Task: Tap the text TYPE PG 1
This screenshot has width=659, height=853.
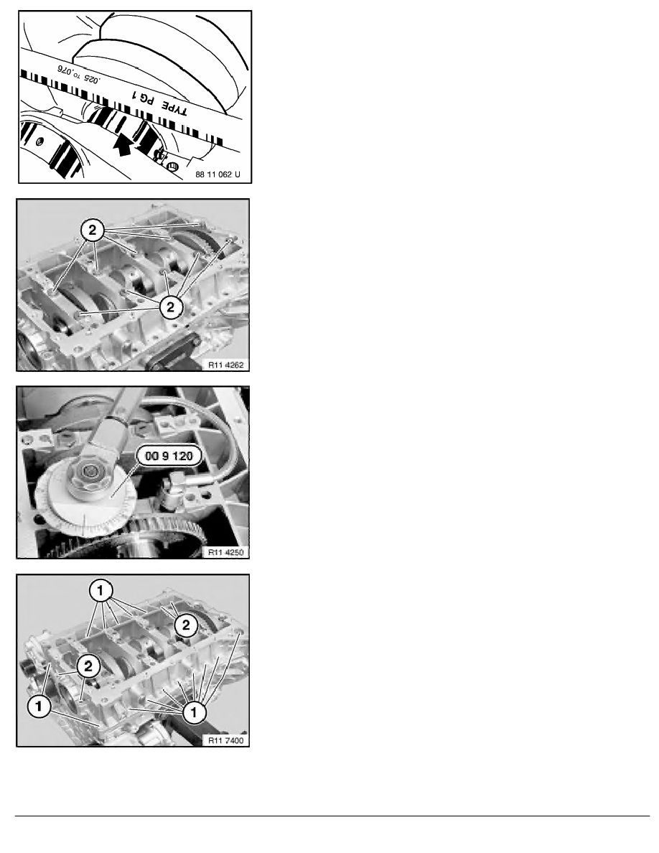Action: point(160,102)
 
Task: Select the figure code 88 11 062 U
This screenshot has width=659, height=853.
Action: point(218,174)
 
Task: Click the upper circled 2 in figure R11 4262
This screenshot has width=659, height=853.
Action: point(93,230)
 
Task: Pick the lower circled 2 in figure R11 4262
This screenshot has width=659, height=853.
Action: point(171,307)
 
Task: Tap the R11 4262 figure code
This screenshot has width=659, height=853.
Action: point(225,365)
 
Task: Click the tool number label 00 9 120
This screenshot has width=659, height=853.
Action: point(169,456)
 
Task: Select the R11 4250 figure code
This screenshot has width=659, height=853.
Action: point(225,552)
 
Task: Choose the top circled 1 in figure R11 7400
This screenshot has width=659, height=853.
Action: point(101,590)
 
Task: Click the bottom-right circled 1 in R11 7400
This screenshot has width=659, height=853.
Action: point(194,712)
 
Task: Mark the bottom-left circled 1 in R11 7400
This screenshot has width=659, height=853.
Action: point(39,707)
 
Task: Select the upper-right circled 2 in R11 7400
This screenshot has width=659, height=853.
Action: point(186,625)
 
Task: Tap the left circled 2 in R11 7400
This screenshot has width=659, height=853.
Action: point(88,666)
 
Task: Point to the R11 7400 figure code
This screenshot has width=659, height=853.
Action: point(225,740)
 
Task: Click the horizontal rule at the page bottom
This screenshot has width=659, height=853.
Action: point(332,816)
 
